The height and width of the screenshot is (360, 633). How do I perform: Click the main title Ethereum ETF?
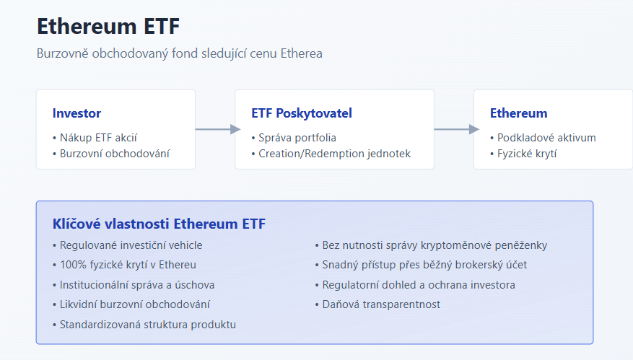108,27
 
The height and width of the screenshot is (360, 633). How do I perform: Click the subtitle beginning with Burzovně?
179,53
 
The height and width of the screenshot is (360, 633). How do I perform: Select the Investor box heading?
77,113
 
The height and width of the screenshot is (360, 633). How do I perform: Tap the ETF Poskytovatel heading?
302,113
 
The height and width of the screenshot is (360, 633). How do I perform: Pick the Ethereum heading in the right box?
519,113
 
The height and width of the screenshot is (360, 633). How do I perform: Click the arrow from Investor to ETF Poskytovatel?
218,129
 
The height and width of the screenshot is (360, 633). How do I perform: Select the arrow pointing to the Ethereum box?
457,129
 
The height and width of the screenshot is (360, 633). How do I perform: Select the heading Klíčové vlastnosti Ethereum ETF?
159,224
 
